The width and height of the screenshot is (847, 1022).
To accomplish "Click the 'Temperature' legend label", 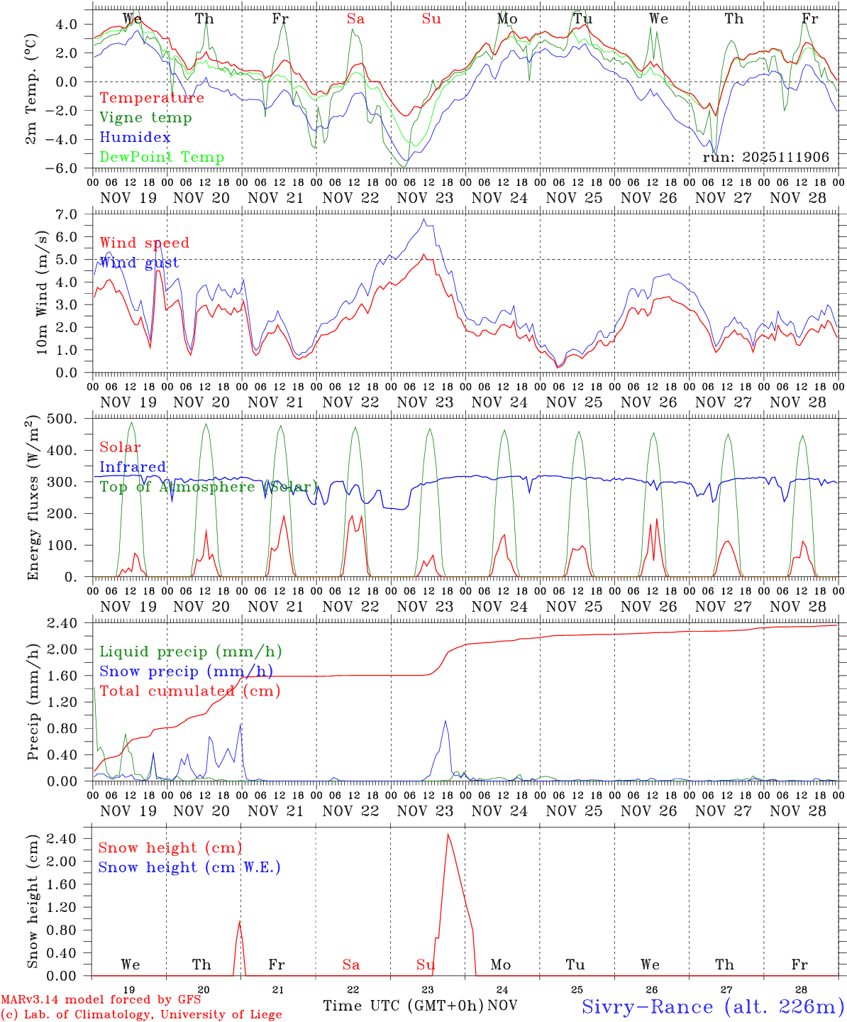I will pyautogui.click(x=152, y=98).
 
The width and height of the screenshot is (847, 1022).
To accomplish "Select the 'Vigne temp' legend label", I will pyautogui.click(x=145, y=118).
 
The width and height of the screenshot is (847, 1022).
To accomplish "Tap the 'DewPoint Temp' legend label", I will pyautogui.click(x=162, y=158).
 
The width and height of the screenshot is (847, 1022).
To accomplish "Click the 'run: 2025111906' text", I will pyautogui.click(x=765, y=158).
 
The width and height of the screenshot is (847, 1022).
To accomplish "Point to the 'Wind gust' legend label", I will pyautogui.click(x=139, y=263).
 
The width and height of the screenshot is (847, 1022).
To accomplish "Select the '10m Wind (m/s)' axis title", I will pyautogui.click(x=42, y=292).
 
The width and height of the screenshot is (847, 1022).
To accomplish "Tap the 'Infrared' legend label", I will pyautogui.click(x=133, y=467).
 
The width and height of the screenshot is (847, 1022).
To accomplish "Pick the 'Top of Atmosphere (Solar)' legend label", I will pyautogui.click(x=208, y=487).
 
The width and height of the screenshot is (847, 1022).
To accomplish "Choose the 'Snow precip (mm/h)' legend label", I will pyautogui.click(x=186, y=671).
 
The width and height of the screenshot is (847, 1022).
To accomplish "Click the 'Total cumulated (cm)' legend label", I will pyautogui.click(x=189, y=691).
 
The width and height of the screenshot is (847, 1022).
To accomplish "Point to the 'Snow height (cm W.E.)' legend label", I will pyautogui.click(x=189, y=867).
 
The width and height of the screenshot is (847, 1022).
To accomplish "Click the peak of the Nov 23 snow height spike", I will pyautogui.click(x=448, y=835).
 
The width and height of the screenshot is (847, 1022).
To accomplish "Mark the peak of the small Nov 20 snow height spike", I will pyautogui.click(x=239, y=922).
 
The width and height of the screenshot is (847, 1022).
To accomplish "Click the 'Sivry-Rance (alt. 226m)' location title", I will pyautogui.click(x=712, y=1006).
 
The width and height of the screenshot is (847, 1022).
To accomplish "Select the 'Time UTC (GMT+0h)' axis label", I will pyautogui.click(x=403, y=1006).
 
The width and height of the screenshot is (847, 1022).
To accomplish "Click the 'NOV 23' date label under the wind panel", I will pyautogui.click(x=425, y=402).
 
